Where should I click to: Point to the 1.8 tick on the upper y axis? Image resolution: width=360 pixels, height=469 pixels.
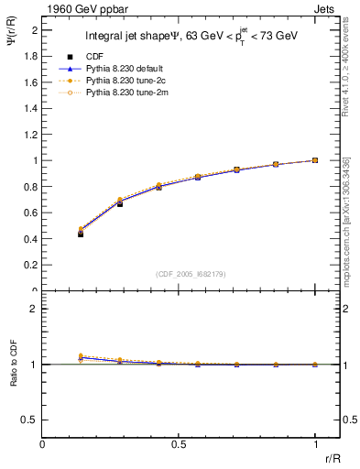click(31, 56)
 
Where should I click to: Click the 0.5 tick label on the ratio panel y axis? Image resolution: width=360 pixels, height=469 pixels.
click(31, 420)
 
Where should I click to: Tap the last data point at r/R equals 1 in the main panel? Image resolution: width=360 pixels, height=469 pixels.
click(315, 160)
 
